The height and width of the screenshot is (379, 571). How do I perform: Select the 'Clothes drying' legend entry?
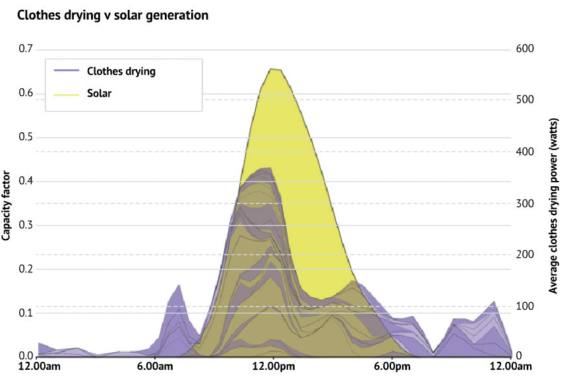point(121,71)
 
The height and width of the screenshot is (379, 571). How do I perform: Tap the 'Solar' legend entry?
point(99,93)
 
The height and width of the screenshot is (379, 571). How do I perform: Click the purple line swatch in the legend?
point(67,71)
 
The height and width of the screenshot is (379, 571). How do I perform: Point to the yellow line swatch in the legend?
point(67,93)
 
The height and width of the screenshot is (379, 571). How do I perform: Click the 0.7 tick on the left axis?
point(26,49)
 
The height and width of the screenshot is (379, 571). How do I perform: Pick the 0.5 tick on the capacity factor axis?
point(26,137)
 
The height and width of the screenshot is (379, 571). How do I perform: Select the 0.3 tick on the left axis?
point(26,224)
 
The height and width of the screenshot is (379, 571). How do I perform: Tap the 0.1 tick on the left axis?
point(26,313)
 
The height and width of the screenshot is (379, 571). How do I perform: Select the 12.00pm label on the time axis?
point(272,366)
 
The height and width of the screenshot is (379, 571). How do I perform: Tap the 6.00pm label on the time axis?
point(392,366)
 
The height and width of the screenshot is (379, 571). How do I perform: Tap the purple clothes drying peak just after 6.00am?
point(179,286)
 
